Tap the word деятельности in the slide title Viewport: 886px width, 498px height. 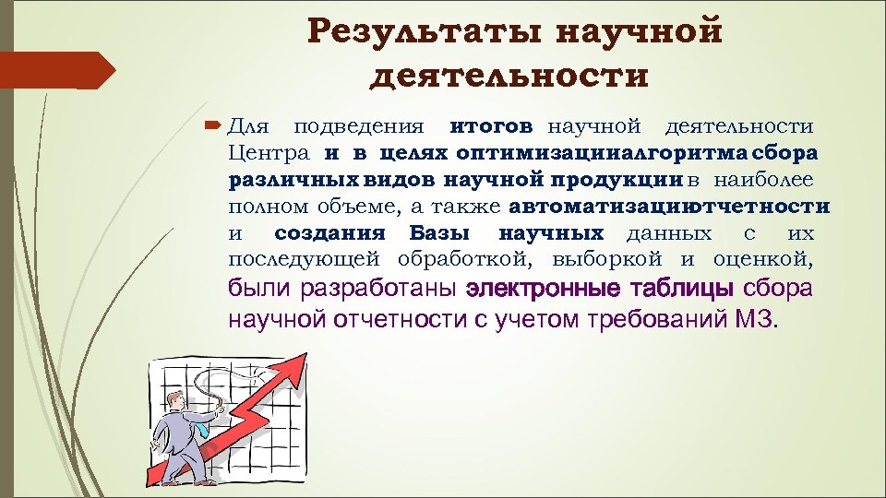tap(509, 74)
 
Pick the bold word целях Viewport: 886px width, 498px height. tap(411, 151)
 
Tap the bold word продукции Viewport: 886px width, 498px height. tap(628, 177)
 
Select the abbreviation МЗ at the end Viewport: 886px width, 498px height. tap(757, 320)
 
